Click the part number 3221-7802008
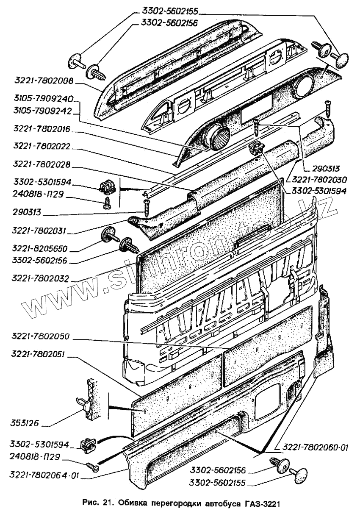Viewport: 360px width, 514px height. point(44,80)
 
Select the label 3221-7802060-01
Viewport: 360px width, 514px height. point(312,447)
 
